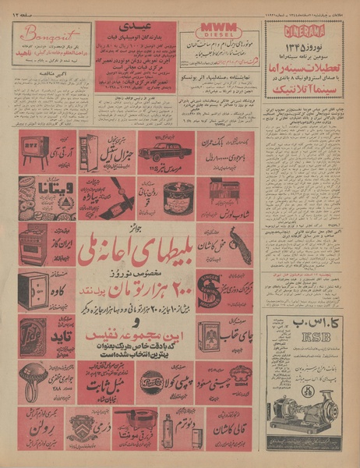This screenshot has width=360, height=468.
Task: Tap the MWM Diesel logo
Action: pyautogui.click(x=217, y=30)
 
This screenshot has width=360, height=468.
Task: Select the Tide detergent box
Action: pyautogui.click(x=34, y=337)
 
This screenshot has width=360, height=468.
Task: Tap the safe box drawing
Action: pyautogui.click(x=34, y=290)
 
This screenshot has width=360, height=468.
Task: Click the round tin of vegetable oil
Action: pyautogui.click(x=178, y=195)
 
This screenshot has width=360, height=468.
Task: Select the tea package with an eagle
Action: pyautogui.click(x=211, y=337)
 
